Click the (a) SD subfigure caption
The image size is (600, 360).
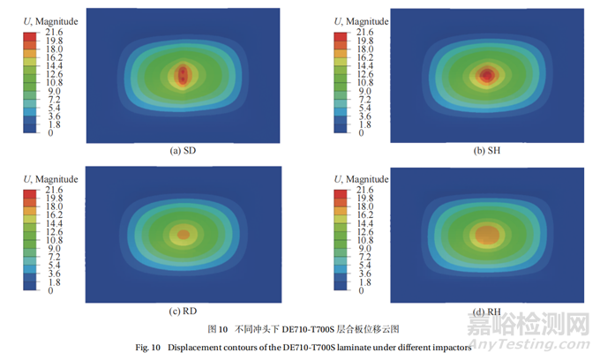coord(182,151)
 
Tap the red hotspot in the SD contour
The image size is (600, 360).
coord(183,75)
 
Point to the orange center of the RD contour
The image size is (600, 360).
coord(184,235)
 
